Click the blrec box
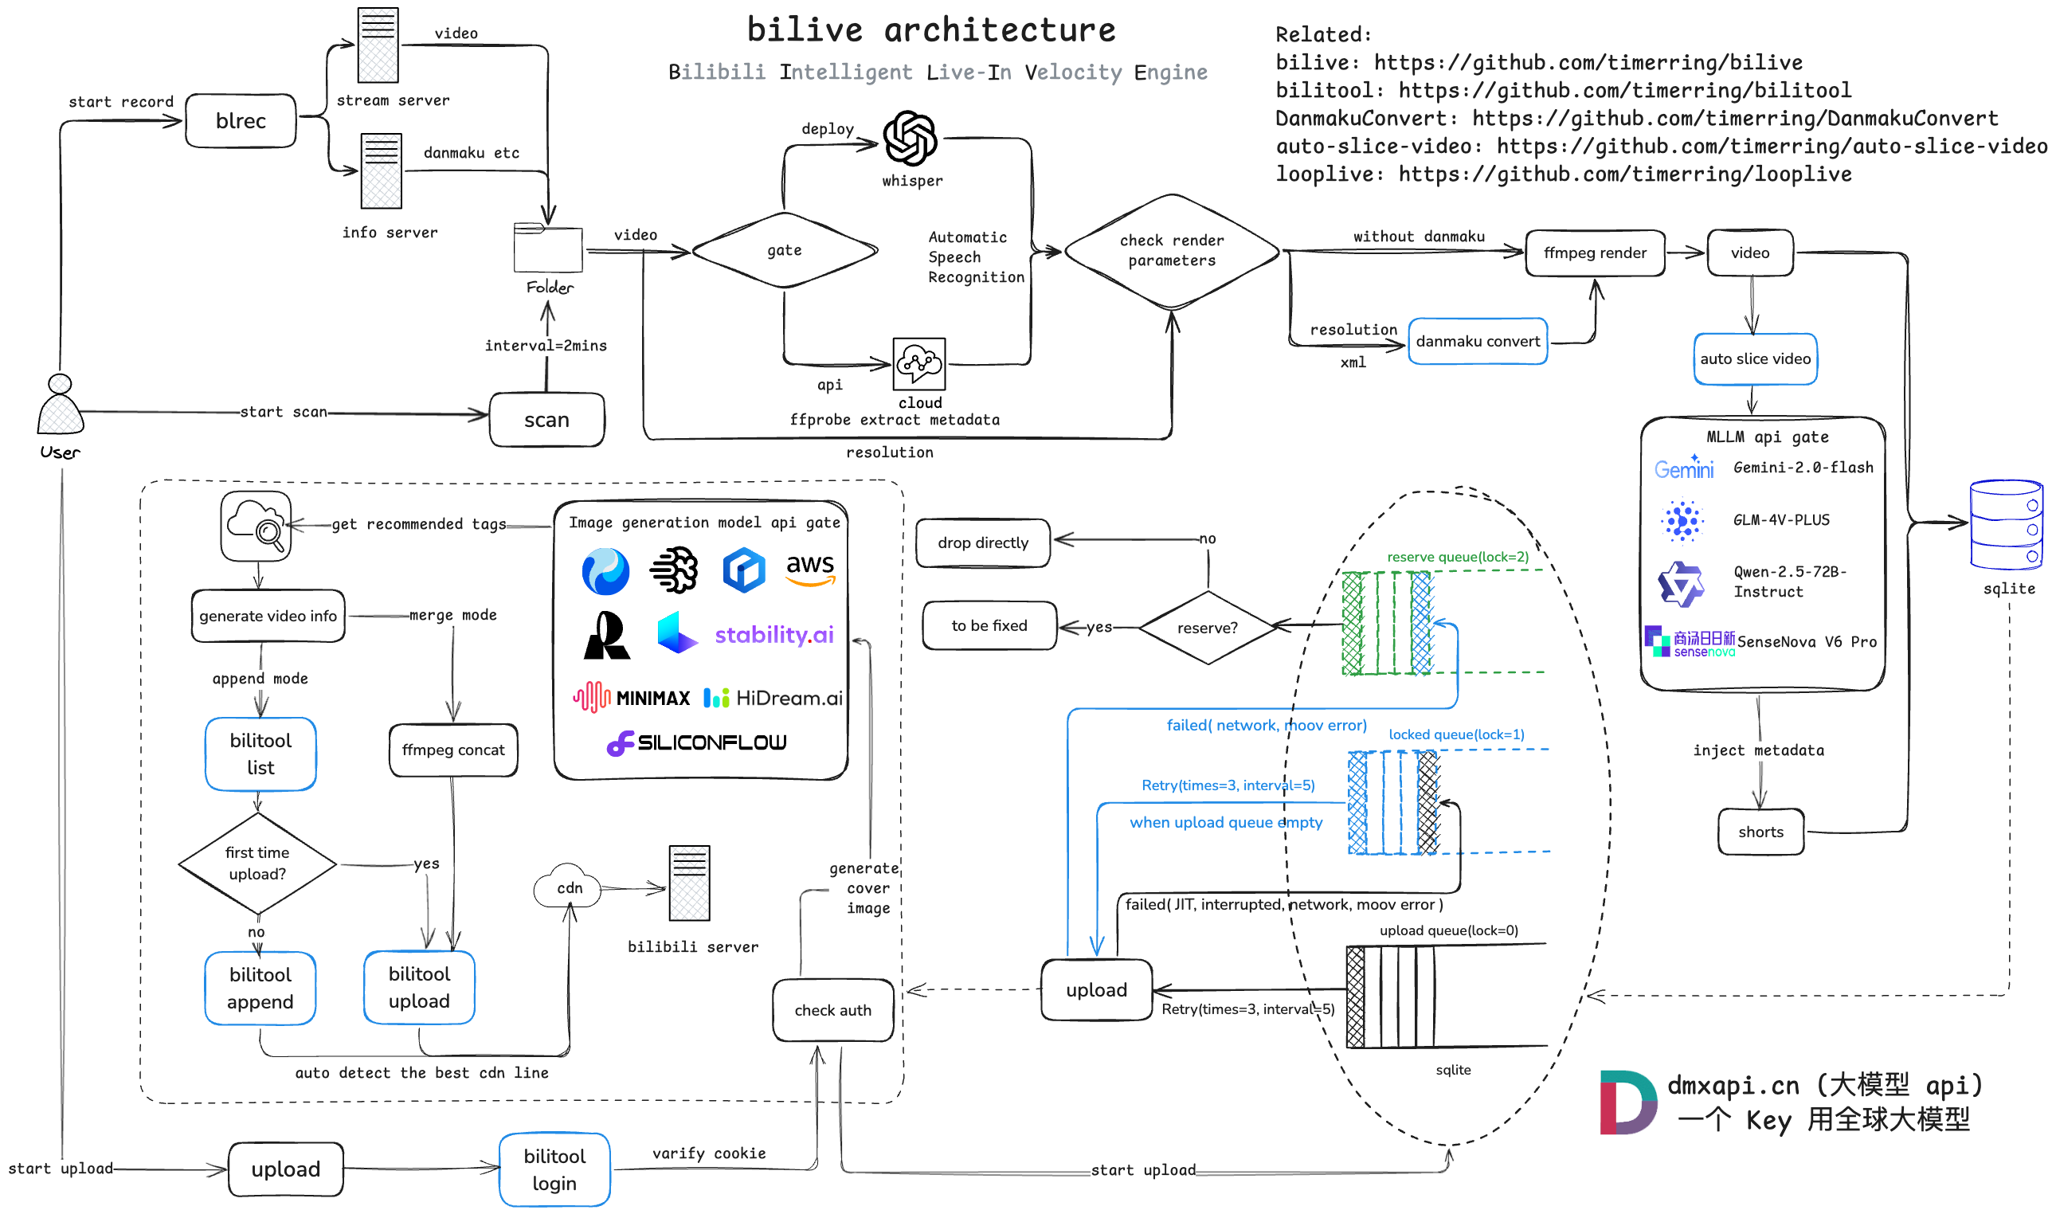point(241,121)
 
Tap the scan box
point(546,420)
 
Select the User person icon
point(60,405)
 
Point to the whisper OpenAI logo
point(910,139)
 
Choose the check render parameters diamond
point(1171,251)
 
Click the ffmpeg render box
point(1594,253)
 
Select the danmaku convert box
point(1477,341)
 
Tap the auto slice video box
point(1754,358)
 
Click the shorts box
point(1760,832)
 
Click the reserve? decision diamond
point(1207,628)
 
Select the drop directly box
point(982,542)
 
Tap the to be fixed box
point(989,626)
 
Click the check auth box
point(832,1010)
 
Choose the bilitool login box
point(554,1169)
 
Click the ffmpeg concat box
point(453,750)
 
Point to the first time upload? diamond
point(257,863)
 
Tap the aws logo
point(809,568)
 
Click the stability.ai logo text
point(773,635)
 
